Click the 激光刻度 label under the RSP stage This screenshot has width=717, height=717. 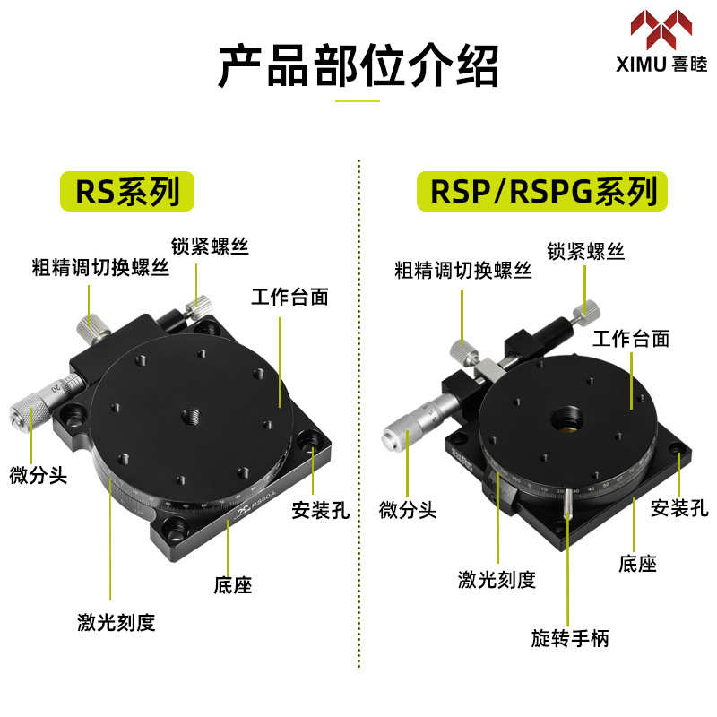point(496,580)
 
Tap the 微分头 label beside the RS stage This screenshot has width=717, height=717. point(31,473)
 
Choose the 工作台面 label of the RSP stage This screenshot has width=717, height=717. point(631,338)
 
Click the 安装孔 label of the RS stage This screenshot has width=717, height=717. point(320,511)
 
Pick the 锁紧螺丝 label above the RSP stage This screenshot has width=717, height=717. point(586,250)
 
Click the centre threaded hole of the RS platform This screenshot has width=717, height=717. point(190,414)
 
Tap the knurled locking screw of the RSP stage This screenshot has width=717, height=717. point(589,310)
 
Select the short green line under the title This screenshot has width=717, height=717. point(358,100)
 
